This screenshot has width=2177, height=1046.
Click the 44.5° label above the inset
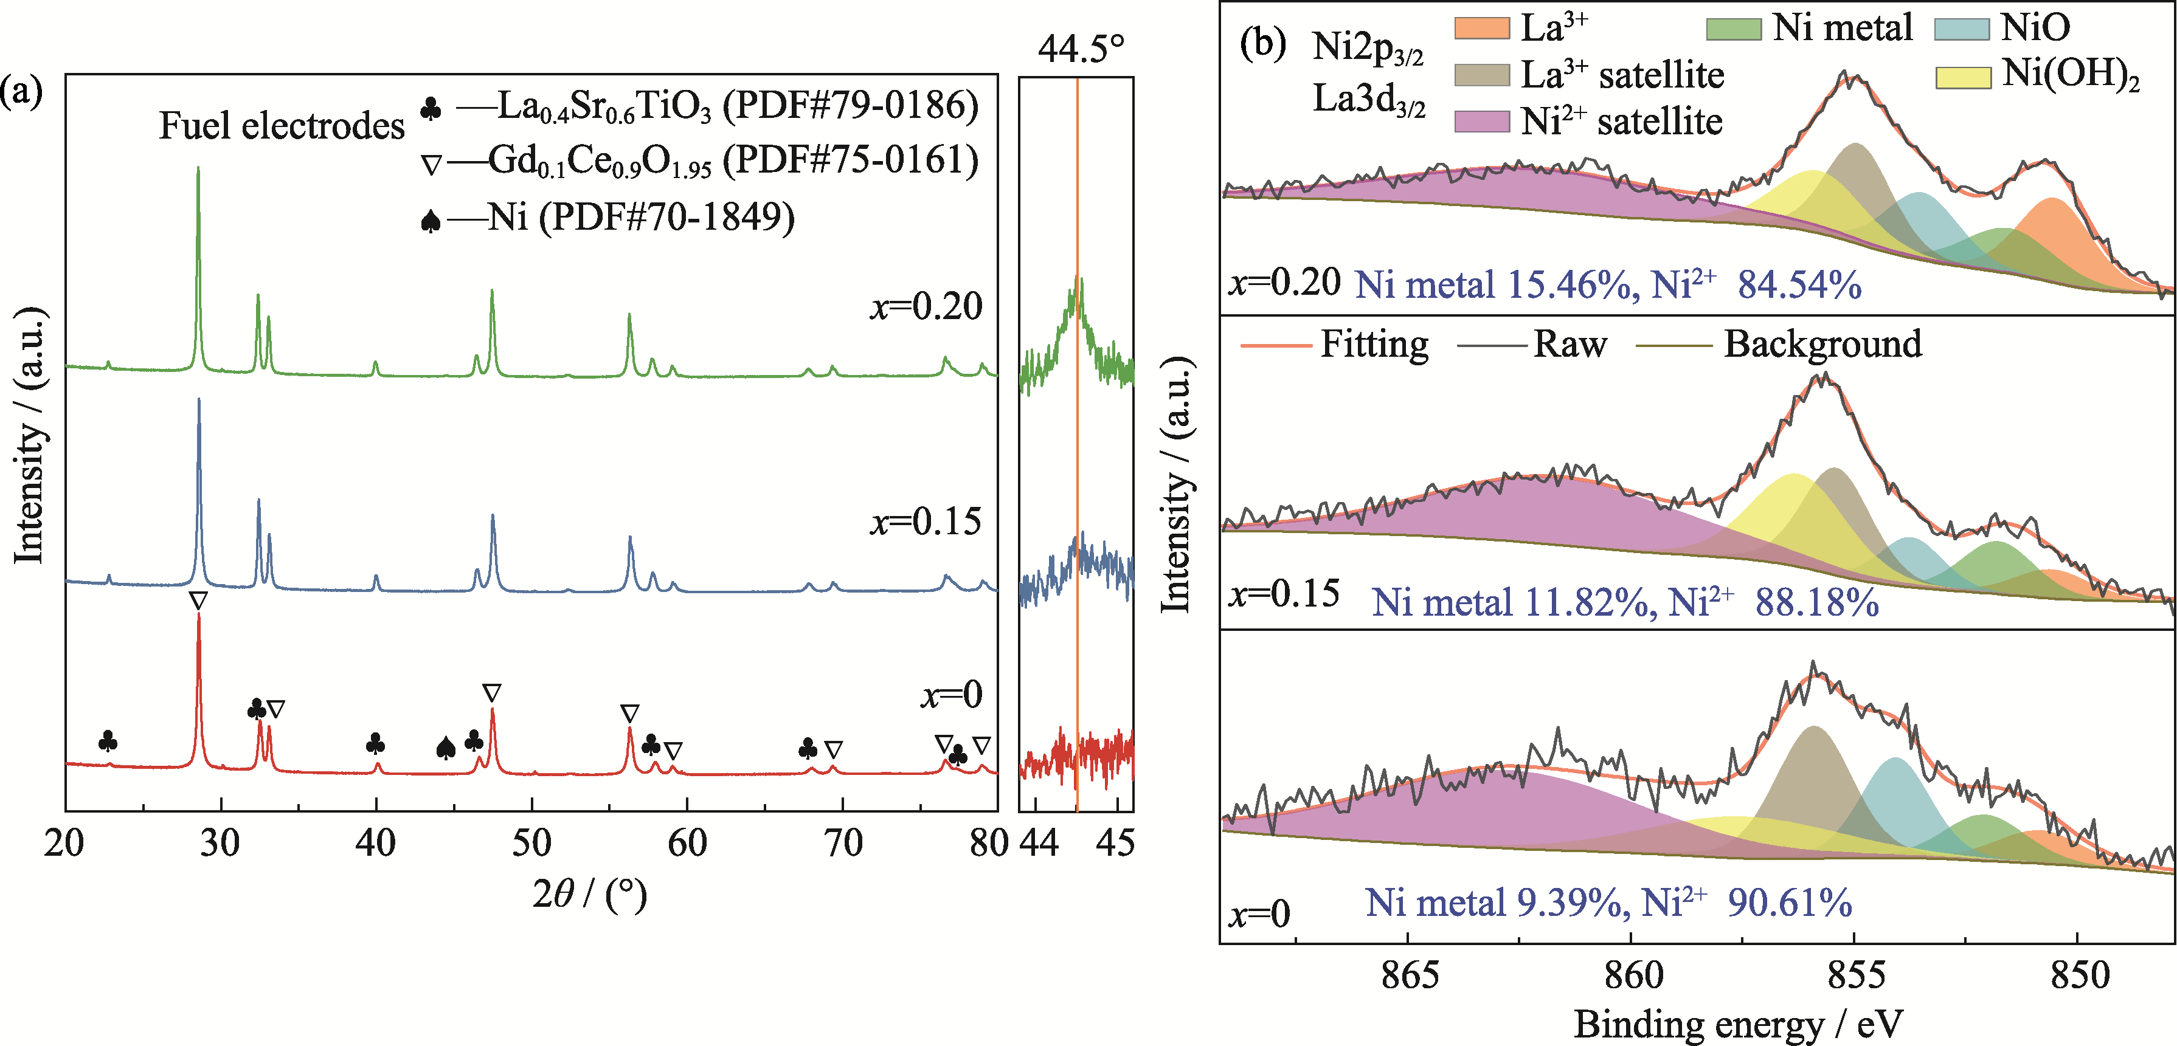click(x=1081, y=49)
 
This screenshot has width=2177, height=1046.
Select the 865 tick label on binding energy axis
click(x=1409, y=974)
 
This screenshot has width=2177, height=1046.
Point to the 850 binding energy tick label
click(x=2079, y=974)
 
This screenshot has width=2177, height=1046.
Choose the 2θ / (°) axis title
click(x=589, y=893)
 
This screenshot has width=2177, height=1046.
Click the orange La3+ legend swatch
click(x=1481, y=29)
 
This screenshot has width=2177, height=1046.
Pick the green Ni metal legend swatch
click(x=1732, y=29)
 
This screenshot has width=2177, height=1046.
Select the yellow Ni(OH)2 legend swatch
click(x=1962, y=77)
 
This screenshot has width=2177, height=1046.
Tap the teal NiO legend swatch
click(x=1962, y=29)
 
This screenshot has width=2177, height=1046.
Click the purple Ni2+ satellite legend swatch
click(x=1481, y=122)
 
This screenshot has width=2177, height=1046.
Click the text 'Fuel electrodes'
click(x=282, y=126)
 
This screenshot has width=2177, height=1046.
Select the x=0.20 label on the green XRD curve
click(x=926, y=306)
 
